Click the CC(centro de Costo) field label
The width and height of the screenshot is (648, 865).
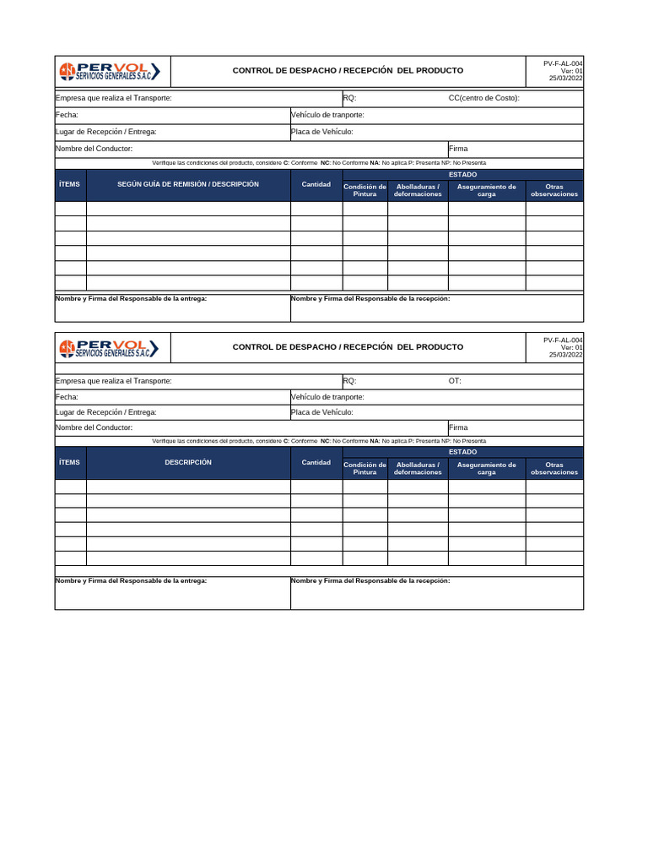pyautogui.click(x=483, y=98)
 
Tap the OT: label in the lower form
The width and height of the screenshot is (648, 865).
pyautogui.click(x=455, y=381)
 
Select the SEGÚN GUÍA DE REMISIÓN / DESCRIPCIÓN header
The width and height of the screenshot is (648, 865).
pyautogui.click(x=188, y=184)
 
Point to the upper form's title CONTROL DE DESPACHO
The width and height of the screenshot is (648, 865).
pyautogui.click(x=348, y=71)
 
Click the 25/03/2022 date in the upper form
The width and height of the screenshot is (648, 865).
pyautogui.click(x=565, y=79)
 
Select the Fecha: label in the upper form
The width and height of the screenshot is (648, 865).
pyautogui.click(x=67, y=115)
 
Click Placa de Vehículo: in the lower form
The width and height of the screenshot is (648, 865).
pyautogui.click(x=321, y=412)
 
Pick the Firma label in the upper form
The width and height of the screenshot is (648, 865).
pyautogui.click(x=458, y=149)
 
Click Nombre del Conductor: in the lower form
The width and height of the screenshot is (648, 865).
pyautogui.click(x=94, y=427)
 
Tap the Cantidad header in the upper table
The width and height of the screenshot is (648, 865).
pyautogui.click(x=316, y=184)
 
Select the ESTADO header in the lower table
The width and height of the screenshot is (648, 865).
pyautogui.click(x=462, y=452)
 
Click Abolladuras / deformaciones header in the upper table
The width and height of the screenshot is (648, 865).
pyautogui.click(x=418, y=190)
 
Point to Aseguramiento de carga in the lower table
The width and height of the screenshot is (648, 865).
pyautogui.click(x=486, y=469)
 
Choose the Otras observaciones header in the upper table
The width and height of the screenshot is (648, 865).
pyautogui.click(x=554, y=190)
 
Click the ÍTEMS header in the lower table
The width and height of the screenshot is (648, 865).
pyautogui.click(x=70, y=462)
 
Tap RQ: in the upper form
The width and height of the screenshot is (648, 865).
pyautogui.click(x=349, y=98)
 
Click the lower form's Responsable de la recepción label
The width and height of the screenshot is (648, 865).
pyautogui.click(x=370, y=580)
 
